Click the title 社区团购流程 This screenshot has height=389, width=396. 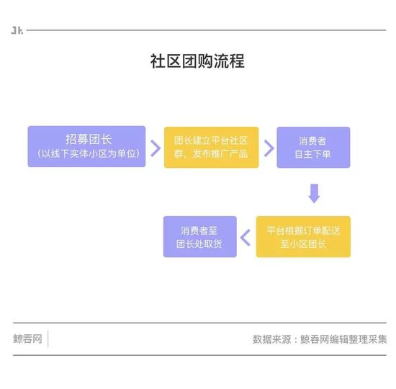pyautogui.click(x=197, y=61)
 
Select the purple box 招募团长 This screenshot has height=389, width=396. pyautogui.click(x=86, y=147)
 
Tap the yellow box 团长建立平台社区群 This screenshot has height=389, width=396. pyautogui.click(x=212, y=148)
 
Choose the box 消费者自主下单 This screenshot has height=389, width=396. pyautogui.click(x=313, y=148)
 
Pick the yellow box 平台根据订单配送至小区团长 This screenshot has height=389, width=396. pyautogui.click(x=303, y=237)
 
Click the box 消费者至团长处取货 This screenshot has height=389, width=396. pyautogui.click(x=200, y=237)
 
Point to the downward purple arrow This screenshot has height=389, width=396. pyautogui.click(x=315, y=194)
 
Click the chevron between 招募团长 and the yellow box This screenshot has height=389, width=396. pyautogui.click(x=156, y=148)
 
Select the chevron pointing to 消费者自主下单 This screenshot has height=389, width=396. pyautogui.click(x=269, y=148)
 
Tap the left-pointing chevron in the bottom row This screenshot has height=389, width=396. pyautogui.click(x=246, y=238)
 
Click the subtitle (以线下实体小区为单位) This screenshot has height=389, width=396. pyautogui.click(x=89, y=153)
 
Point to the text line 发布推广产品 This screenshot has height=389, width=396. pyautogui.click(x=220, y=153)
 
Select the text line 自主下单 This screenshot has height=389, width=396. pyautogui.click(x=312, y=154)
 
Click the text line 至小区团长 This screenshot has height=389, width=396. pyautogui.click(x=303, y=243)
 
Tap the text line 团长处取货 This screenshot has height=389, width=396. pyautogui.click(x=199, y=243)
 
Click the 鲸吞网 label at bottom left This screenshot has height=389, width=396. pyautogui.click(x=27, y=339)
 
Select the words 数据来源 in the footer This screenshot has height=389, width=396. pyautogui.click(x=271, y=339)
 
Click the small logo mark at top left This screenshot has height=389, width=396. pyautogui.click(x=17, y=30)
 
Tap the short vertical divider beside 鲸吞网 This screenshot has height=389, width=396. pyautogui.click(x=48, y=339)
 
